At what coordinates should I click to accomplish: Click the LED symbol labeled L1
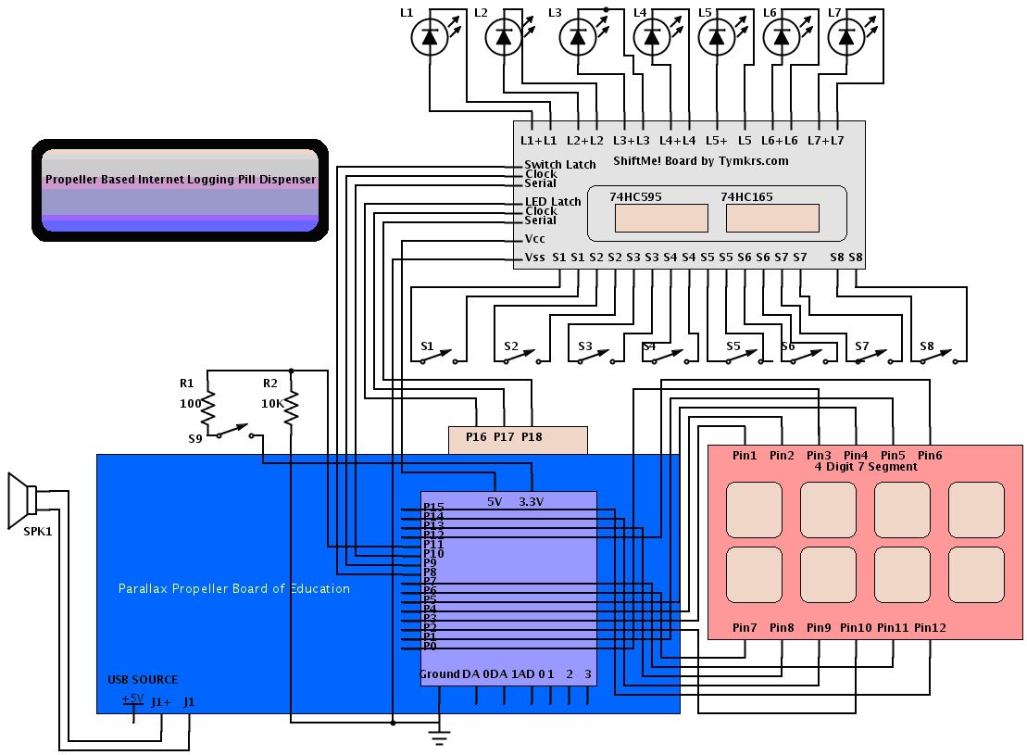click(429, 37)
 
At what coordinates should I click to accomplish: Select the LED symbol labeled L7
click(845, 37)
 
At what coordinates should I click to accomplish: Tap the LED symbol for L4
click(652, 37)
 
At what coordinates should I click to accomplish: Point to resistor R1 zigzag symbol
click(207, 406)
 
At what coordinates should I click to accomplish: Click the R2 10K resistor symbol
click(291, 406)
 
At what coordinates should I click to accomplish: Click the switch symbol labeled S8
click(945, 357)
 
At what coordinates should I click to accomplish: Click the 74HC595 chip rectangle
click(661, 218)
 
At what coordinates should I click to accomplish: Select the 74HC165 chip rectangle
click(772, 218)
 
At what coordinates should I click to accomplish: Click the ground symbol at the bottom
click(439, 736)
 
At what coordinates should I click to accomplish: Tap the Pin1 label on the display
click(745, 455)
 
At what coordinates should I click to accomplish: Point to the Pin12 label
click(930, 628)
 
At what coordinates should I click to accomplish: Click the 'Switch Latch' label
click(560, 165)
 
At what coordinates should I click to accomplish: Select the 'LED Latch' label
click(553, 201)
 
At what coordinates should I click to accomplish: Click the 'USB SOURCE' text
click(143, 680)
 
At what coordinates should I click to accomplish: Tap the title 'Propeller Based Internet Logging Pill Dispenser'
click(181, 180)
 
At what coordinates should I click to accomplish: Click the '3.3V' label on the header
click(532, 502)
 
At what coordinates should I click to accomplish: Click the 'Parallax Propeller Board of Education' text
click(234, 588)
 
